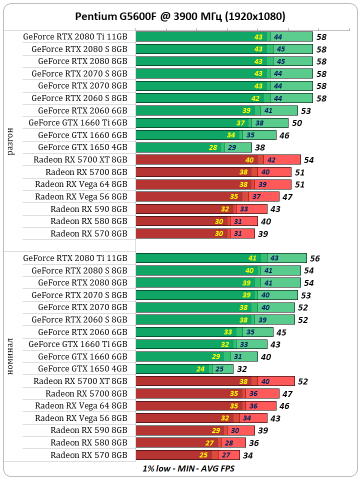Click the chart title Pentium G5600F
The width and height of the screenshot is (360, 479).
pyautogui.click(x=180, y=16)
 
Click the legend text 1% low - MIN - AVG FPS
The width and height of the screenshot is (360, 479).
pyautogui.click(x=188, y=468)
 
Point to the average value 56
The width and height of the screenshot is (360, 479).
pyautogui.click(x=314, y=258)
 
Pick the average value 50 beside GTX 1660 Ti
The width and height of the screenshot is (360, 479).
pyautogui.click(x=296, y=123)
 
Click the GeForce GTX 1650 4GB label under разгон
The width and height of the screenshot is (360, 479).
pyautogui.click(x=82, y=147)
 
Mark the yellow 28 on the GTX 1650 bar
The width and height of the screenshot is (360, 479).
pyautogui.click(x=213, y=147)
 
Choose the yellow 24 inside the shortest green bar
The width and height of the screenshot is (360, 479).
pyautogui.click(x=201, y=369)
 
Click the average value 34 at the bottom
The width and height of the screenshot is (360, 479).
pyautogui.click(x=247, y=455)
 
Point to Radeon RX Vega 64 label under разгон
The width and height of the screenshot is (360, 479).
pyautogui.click(x=81, y=184)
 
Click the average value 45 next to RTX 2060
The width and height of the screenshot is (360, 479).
pyautogui.click(x=281, y=332)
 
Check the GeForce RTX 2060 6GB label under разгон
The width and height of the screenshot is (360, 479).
pyautogui.click(x=82, y=110)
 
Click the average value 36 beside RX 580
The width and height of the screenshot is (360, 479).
pyautogui.click(x=254, y=443)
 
